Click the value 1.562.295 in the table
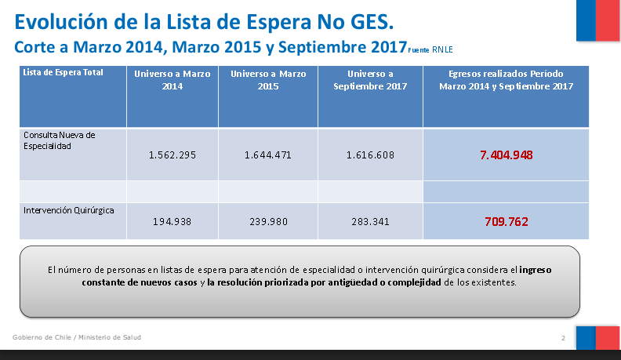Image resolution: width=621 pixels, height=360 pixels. [172, 155]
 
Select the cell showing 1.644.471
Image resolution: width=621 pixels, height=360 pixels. [267, 155]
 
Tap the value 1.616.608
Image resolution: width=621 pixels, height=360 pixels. [370, 155]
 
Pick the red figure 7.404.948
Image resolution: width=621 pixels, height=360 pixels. [506, 155]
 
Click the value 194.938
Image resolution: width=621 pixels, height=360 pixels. [172, 222]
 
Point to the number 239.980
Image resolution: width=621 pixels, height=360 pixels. [267, 222]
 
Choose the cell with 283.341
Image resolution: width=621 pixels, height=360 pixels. [370, 222]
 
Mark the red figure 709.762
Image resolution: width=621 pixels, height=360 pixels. [506, 222]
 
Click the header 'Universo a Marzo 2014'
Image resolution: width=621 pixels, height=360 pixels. [172, 79]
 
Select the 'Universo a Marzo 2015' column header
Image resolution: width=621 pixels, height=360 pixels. [267, 79]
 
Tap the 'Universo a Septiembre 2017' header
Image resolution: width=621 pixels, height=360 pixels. [370, 79]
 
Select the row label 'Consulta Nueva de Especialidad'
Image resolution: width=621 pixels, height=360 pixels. [59, 140]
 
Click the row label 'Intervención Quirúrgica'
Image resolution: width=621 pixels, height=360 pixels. [70, 209]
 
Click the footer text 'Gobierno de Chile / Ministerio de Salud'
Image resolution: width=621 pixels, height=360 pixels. [77, 337]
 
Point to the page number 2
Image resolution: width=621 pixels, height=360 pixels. [563, 338]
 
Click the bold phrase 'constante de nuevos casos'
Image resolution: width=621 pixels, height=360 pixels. [138, 282]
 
